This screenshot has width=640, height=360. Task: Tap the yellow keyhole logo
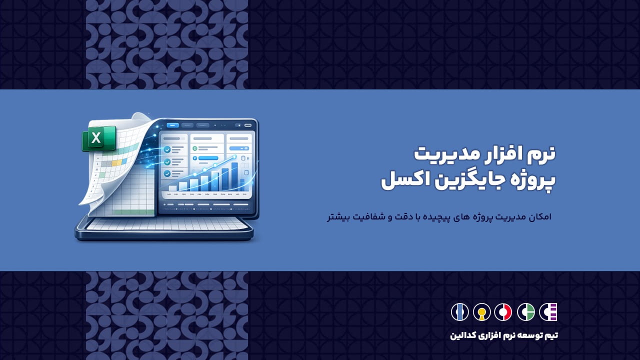coord(482,312)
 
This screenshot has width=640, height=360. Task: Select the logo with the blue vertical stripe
coord(459,312)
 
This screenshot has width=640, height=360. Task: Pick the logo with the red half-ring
coord(503,312)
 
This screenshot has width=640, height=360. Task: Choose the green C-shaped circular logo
coord(525,312)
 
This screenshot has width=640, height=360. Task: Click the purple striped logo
coord(548,312)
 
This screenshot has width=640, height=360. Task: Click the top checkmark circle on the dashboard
coord(167,149)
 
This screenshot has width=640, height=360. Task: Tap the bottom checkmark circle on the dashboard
coord(167,173)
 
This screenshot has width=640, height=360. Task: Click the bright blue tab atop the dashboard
coord(172,125)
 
